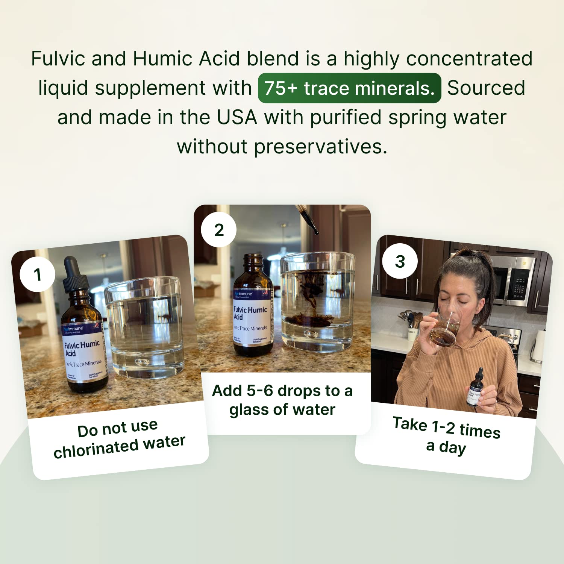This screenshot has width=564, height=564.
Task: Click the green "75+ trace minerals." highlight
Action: [x=349, y=88]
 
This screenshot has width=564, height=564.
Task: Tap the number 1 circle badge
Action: [x=37, y=274]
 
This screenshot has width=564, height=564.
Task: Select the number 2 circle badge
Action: [x=219, y=230]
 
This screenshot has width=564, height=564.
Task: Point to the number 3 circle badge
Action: [x=400, y=261]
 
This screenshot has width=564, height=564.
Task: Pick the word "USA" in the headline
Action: [x=237, y=117]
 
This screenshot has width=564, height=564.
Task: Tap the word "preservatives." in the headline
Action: [x=320, y=147]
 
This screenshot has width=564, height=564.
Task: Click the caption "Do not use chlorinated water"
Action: [x=119, y=438]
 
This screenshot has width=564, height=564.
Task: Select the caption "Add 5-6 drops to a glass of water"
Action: [x=282, y=400]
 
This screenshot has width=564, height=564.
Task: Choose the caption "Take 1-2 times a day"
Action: [x=446, y=435]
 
